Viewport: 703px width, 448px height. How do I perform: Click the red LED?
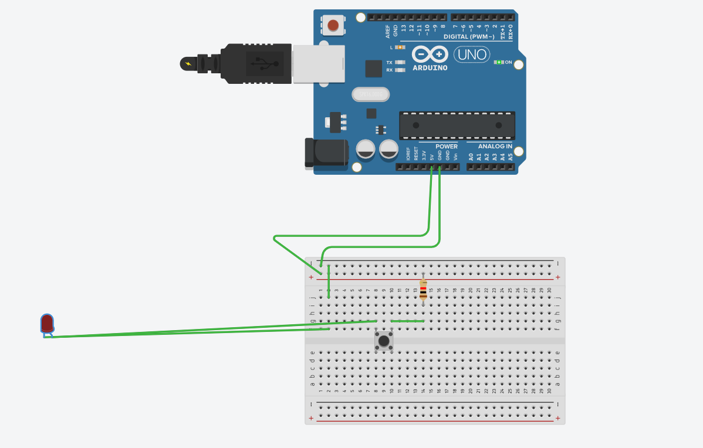[48, 323]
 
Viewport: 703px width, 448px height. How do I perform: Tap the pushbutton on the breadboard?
[384, 341]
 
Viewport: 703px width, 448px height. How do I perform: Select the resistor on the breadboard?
[424, 289]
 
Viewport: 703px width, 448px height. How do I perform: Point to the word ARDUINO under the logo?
[430, 67]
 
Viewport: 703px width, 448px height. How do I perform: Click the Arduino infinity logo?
[430, 55]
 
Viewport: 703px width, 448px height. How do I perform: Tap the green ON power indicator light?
[499, 62]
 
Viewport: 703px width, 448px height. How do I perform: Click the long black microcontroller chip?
[457, 125]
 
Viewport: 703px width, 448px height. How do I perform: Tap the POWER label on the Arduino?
[447, 147]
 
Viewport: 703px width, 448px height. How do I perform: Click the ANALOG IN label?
[495, 147]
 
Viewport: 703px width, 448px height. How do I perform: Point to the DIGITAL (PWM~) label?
[472, 37]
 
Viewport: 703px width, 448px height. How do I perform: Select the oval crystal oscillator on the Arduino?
[370, 94]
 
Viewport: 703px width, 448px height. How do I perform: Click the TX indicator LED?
[401, 62]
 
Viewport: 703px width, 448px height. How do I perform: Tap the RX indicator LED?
[401, 70]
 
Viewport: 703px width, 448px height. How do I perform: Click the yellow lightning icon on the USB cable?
[188, 63]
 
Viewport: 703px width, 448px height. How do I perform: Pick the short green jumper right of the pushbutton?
[407, 321]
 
